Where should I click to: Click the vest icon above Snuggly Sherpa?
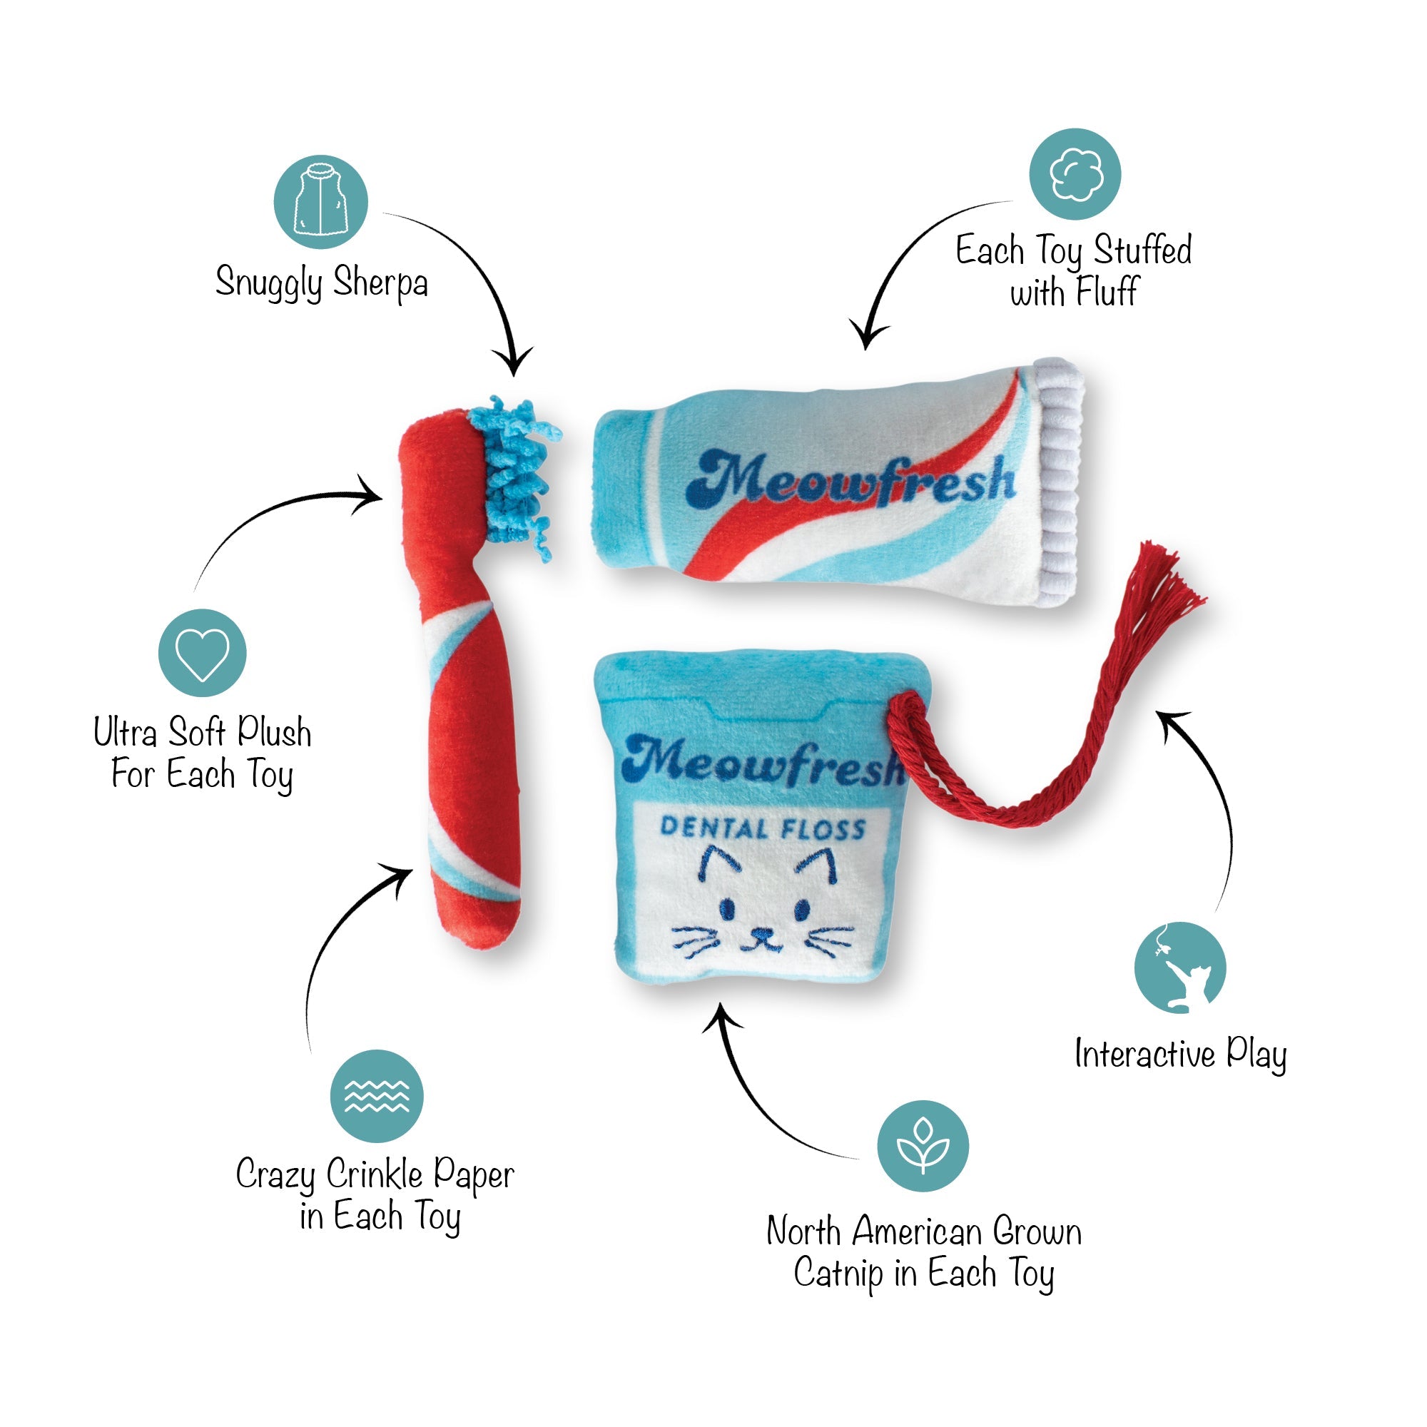coord(320,202)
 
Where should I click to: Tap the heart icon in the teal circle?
coord(202,653)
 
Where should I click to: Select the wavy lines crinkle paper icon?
coord(377,1096)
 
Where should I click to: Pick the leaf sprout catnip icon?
coord(923,1147)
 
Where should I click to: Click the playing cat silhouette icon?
coord(1180,968)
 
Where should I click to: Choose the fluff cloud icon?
coord(1075,174)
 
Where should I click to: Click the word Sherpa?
coord(380,282)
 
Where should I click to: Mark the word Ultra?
coord(126,732)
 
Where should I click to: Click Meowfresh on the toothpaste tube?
coord(851,478)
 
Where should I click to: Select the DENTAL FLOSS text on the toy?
coord(762,827)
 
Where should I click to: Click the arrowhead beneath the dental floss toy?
coord(721,1016)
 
